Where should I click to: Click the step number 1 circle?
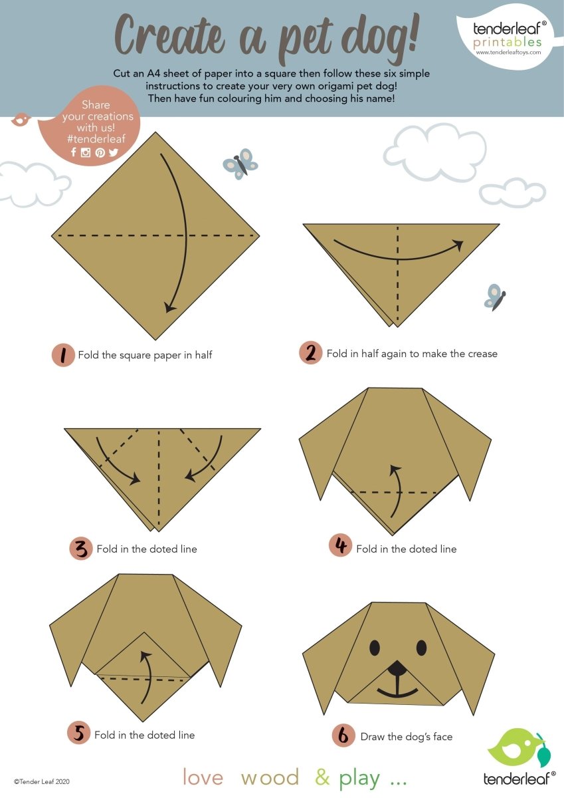coord(63,355)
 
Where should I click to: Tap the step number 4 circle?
coord(340,547)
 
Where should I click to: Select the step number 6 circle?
coord(343,735)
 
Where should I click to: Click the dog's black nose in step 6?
coord(397,668)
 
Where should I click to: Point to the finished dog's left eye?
coord(375,647)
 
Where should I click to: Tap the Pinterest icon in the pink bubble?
coord(100,152)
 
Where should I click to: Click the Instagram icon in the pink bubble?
coord(86,152)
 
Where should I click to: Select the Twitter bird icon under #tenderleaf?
coord(114,152)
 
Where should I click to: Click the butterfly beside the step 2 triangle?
coord(494,297)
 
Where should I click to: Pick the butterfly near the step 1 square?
coord(240,164)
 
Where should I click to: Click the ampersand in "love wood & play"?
coord(322,777)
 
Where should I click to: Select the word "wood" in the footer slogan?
coord(270,777)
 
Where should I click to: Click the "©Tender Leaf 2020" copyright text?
coord(41,782)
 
